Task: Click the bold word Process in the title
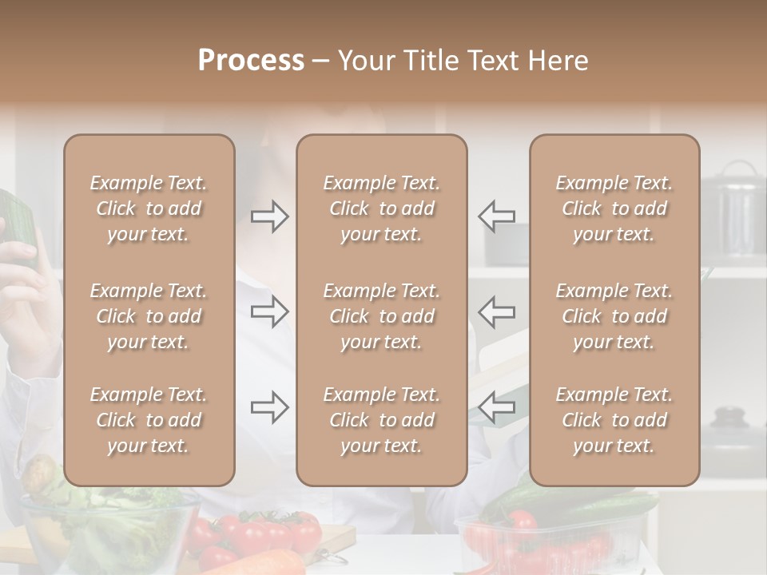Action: click(x=251, y=61)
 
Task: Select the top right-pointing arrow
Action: click(x=270, y=216)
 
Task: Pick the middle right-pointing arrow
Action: click(x=270, y=311)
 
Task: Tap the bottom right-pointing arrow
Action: click(x=270, y=407)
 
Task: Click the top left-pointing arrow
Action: click(x=496, y=216)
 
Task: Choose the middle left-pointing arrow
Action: click(x=496, y=311)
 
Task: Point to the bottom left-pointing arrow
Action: click(x=496, y=407)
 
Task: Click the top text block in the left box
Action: click(x=149, y=208)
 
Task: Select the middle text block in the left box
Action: click(x=149, y=316)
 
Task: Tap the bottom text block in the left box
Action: click(x=149, y=420)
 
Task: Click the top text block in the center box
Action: click(x=381, y=208)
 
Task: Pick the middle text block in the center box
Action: click(x=381, y=316)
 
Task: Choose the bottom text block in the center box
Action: click(x=381, y=420)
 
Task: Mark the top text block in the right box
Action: click(x=614, y=208)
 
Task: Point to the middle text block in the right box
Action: click(x=614, y=316)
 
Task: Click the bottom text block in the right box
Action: click(x=614, y=420)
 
